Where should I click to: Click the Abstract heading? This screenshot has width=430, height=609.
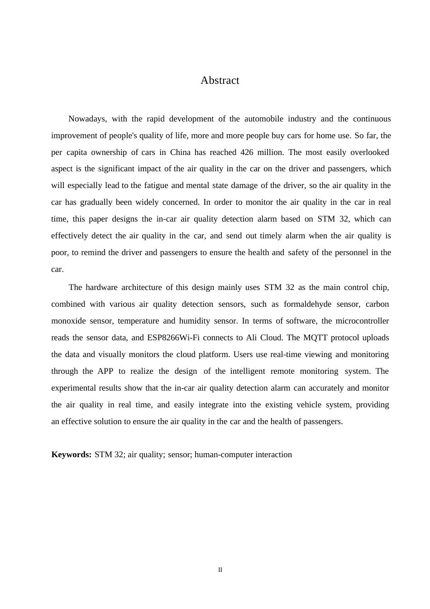click(x=220, y=81)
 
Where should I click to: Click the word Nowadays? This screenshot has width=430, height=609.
click(x=87, y=119)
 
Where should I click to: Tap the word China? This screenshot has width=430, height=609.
click(x=180, y=153)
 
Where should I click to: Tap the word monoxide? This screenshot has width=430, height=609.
click(x=68, y=321)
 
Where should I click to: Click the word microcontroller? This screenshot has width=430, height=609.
click(x=362, y=321)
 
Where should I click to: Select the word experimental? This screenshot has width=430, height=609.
click(x=73, y=388)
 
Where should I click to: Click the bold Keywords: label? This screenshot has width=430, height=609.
click(x=72, y=455)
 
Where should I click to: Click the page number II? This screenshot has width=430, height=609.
click(x=220, y=570)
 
